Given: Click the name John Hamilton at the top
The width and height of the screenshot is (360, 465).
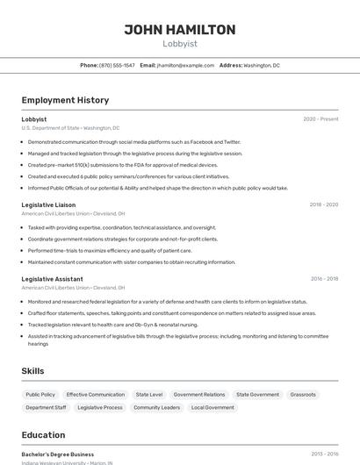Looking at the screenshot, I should point(179,30).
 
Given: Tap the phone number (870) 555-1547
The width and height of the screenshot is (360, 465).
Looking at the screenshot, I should point(117,65).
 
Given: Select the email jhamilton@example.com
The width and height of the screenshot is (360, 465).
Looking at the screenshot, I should point(185,65).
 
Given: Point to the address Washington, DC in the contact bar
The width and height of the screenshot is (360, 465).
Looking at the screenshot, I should point(262,65).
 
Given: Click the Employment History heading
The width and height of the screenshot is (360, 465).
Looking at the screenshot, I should point(65,100).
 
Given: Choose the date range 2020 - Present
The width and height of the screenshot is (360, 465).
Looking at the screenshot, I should point(320,119).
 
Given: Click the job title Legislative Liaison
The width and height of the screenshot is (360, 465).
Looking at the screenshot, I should point(48,204).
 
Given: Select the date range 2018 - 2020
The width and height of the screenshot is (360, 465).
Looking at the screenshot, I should point(323,204).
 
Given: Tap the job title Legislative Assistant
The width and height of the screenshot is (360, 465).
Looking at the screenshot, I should point(52,279).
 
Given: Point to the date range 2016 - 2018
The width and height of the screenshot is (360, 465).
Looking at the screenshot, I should point(323,279).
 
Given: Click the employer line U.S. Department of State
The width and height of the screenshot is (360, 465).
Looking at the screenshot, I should point(70,128).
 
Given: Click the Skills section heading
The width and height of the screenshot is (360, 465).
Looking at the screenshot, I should point(32,371).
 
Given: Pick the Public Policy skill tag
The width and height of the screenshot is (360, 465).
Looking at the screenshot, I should point(40,395).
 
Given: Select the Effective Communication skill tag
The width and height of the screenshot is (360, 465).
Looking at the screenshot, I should point(96,395).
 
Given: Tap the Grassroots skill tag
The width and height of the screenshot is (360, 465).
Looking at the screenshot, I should point(303,395).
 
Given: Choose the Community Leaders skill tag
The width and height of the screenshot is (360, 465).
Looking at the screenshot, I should point(158,407).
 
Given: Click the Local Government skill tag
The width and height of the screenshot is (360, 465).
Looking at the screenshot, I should point(212,407).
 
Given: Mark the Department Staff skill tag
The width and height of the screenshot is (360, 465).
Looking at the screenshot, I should point(46,407).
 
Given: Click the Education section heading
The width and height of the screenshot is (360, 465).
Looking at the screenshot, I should point(43,435).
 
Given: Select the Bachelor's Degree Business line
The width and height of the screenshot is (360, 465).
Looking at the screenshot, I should point(58,454).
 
